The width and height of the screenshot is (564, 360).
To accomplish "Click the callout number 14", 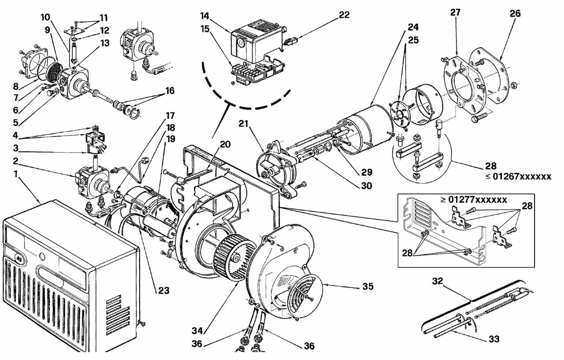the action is click(x=205, y=16).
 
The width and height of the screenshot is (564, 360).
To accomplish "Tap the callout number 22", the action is click(x=344, y=15).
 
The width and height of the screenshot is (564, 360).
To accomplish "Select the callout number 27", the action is click(x=455, y=12).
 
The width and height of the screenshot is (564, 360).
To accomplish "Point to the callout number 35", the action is click(x=368, y=286).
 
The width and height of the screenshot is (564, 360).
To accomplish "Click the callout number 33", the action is click(x=494, y=339).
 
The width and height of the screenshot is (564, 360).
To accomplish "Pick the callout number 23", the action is click(x=163, y=291).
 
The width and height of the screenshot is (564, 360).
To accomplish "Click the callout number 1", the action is click(x=16, y=174).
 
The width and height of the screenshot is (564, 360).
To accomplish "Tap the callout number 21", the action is click(x=244, y=124).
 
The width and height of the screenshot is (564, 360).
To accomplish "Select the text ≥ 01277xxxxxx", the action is click(x=474, y=200).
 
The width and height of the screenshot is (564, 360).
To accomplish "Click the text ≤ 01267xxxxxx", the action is click(x=519, y=177).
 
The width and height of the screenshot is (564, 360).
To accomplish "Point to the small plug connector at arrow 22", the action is click(x=291, y=41).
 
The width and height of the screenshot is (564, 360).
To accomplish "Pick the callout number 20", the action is click(x=225, y=145).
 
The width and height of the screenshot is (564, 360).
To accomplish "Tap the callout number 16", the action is click(x=170, y=91).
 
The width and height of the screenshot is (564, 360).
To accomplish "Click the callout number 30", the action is click(x=367, y=186).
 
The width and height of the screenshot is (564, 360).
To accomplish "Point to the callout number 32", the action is click(x=438, y=281).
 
